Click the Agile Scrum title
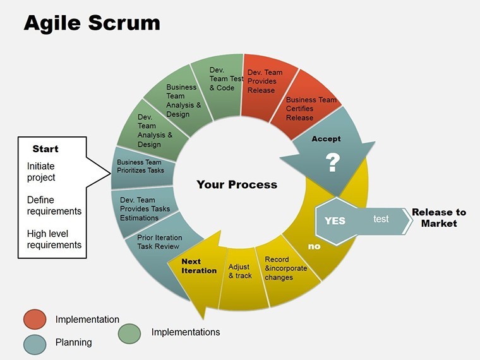pyautogui.click(x=92, y=23)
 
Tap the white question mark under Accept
pyautogui.click(x=332, y=162)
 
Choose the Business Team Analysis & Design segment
pyautogui.click(x=181, y=101)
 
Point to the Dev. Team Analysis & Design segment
pyautogui.click(x=153, y=131)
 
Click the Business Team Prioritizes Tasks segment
pyautogui.click(x=143, y=167)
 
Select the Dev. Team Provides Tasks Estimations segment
pyautogui.click(x=144, y=210)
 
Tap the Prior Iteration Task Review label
pyautogui.click(x=160, y=242)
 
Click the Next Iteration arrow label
pyautogui.click(x=199, y=266)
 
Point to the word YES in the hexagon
pyautogui.click(x=335, y=220)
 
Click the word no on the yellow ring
pyautogui.click(x=314, y=246)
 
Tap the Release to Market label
pyautogui.click(x=439, y=218)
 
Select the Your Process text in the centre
pyautogui.click(x=237, y=184)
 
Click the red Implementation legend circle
pyautogui.click(x=35, y=320)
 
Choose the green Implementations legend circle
pyautogui.click(x=129, y=333)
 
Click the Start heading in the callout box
pyautogui.click(x=45, y=149)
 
